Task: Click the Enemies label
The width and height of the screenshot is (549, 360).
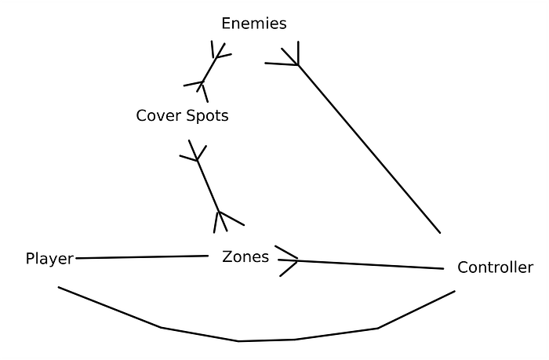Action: point(253,24)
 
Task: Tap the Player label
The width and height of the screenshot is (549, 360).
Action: point(49,259)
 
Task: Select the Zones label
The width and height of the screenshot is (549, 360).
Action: point(245,256)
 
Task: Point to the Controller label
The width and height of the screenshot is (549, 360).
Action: point(495,268)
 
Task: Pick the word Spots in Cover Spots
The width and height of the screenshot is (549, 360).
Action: point(208,116)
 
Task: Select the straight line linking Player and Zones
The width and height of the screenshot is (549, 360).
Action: point(141,256)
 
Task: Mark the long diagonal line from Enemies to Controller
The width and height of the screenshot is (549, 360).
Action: point(369,148)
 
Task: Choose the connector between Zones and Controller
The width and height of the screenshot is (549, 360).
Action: point(369,264)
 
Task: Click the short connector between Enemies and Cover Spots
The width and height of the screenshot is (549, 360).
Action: point(208,71)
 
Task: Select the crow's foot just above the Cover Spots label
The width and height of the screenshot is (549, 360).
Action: point(197,87)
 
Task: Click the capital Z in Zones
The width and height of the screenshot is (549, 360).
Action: point(227,256)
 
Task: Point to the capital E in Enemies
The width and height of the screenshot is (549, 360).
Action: point(226,24)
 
